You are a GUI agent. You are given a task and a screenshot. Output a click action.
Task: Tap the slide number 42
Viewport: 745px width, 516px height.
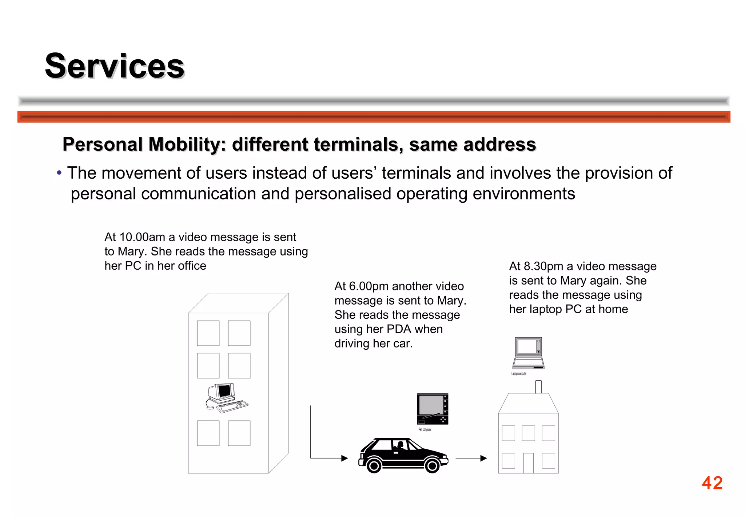pyautogui.click(x=712, y=483)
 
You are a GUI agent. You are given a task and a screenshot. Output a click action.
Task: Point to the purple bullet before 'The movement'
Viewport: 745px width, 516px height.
pyautogui.click(x=59, y=173)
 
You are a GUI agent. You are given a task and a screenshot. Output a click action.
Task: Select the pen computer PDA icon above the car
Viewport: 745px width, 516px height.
pyautogui.click(x=433, y=409)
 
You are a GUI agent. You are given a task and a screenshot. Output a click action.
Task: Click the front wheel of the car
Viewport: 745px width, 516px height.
pyautogui.click(x=432, y=465)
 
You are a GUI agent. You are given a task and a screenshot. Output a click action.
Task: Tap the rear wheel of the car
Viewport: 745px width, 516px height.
pyautogui.click(x=374, y=465)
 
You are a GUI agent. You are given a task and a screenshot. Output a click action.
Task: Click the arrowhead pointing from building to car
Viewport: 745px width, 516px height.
pyautogui.click(x=344, y=458)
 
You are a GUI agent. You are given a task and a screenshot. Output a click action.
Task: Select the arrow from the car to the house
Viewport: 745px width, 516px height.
pyautogui.click(x=471, y=458)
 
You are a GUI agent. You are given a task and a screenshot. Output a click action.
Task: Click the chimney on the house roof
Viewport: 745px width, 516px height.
pyautogui.click(x=538, y=386)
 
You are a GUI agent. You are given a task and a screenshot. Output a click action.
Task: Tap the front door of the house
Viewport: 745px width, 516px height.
pyautogui.click(x=528, y=463)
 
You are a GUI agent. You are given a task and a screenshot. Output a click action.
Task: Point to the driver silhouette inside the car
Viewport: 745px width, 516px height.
pyautogui.click(x=400, y=445)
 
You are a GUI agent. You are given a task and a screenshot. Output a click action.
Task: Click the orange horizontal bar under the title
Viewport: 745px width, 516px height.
pyautogui.click(x=374, y=117)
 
